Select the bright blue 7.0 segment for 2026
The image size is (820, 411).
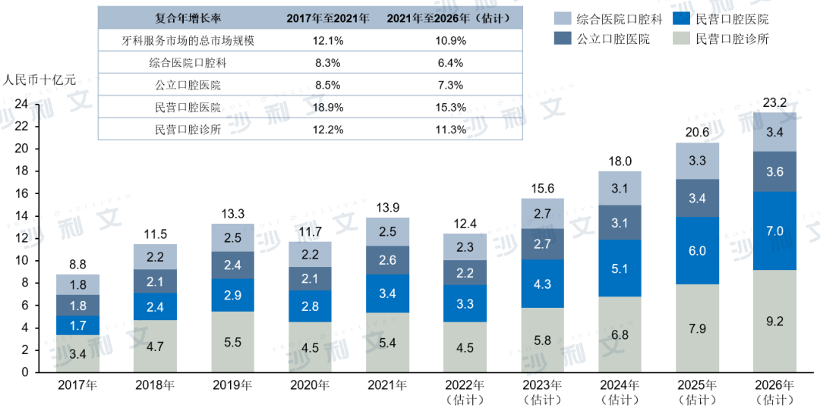[774, 231]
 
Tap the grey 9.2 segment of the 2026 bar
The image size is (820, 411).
[774, 321]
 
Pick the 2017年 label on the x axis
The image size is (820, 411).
[77, 385]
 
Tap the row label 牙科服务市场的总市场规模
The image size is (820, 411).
[188, 40]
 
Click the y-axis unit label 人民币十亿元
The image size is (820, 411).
[39, 80]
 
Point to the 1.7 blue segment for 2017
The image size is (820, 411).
[77, 325]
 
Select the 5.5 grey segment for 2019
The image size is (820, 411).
[232, 342]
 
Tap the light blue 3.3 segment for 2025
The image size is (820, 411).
[697, 161]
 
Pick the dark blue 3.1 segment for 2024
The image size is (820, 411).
[620, 223]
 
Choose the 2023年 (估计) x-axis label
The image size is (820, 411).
[542, 391]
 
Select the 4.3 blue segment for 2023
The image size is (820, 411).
[542, 284]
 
